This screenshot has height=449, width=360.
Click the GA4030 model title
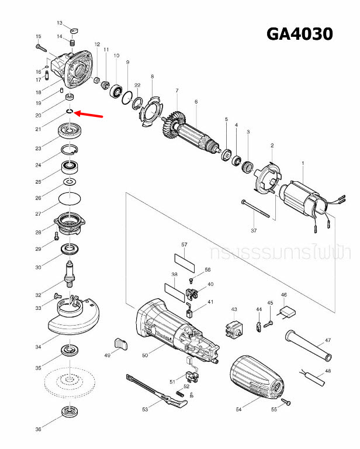coord(299,34)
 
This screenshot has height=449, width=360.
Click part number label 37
coord(254,231)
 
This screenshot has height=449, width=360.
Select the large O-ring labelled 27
coord(71,199)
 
